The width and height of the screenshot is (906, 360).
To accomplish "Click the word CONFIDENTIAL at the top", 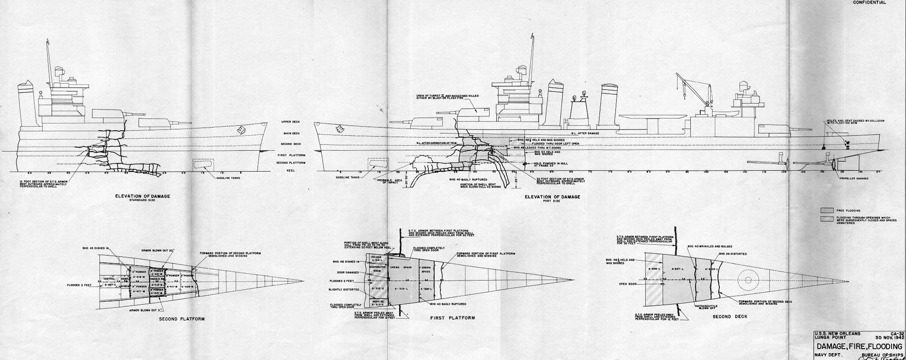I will click(x=869, y=2).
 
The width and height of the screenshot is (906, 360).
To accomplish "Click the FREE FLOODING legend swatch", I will click(x=827, y=210).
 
